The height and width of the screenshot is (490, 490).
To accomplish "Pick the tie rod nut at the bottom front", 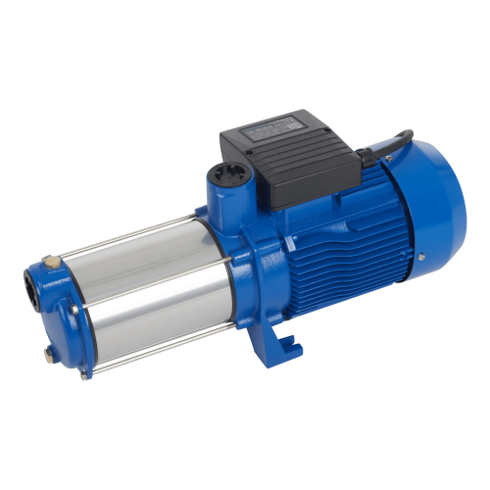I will (86, 373).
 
